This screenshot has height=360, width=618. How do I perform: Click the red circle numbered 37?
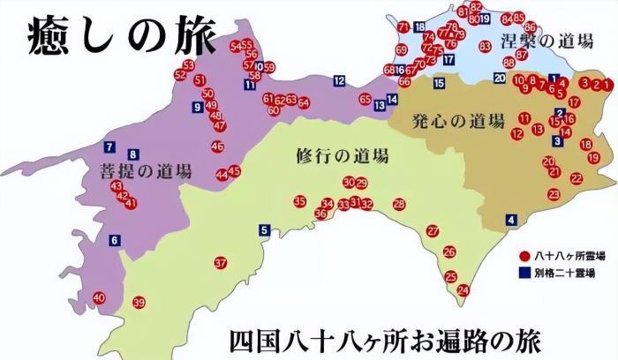coord(221,263)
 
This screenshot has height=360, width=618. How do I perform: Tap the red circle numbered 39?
coord(138,303)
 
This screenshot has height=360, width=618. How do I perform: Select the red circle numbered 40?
coord(99,297)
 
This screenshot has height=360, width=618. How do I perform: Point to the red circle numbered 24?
coord(463,290)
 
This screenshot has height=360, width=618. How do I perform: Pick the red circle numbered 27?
coord(433,231)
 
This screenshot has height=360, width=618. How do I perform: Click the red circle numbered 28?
coord(399,205)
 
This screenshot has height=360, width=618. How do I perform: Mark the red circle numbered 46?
coord(217,146)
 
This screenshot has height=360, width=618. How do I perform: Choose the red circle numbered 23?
coord(554,194)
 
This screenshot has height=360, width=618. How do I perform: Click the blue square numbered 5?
coord(263,231)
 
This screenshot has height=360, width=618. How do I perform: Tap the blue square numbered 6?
coord(114,240)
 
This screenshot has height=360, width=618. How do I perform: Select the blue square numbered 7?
coord(109,146)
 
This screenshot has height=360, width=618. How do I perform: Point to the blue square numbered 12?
coord(339,81)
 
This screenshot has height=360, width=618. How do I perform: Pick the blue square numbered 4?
coord(510,220)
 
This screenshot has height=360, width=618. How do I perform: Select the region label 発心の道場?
coord(457,121)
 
